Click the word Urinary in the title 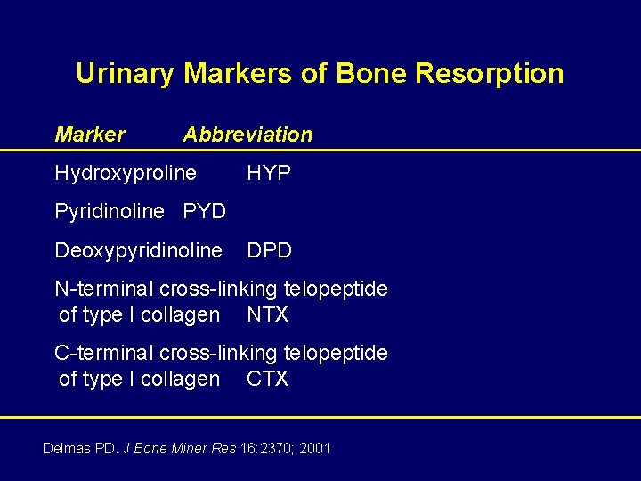coord(125,73)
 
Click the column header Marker coord(90,135)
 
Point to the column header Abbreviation coord(247,135)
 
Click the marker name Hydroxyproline coord(126,174)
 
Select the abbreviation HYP coord(269,174)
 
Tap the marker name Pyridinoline coord(110,212)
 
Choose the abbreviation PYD coord(204,212)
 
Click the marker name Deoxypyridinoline coord(138,251)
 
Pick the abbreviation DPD coord(269,251)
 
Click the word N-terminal coord(97,289)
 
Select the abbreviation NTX coord(267,314)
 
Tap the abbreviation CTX coord(267,379)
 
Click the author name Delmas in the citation coord(68,448)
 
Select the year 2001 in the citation coord(314,448)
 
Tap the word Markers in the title coord(238,73)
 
